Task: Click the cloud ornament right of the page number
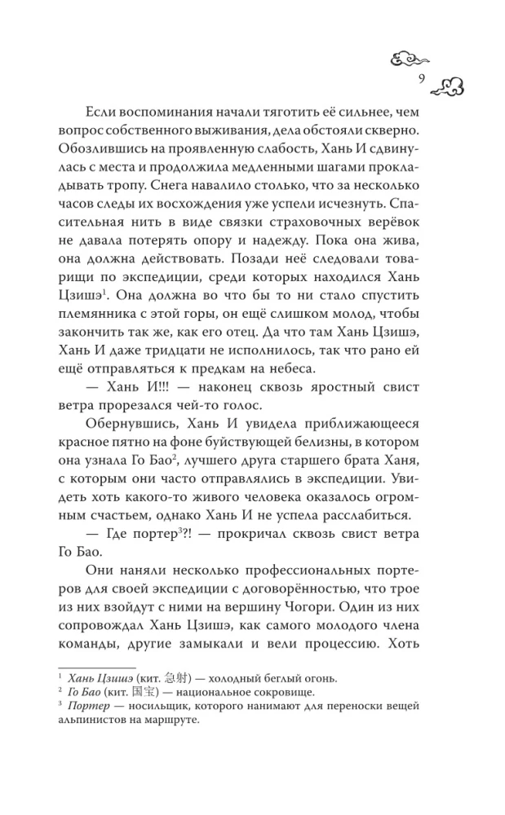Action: (447, 82)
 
